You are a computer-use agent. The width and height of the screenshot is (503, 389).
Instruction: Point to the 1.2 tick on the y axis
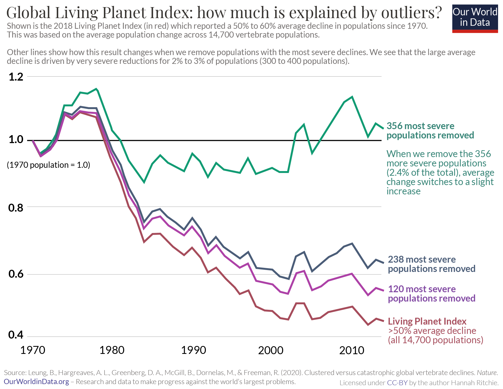click(16, 77)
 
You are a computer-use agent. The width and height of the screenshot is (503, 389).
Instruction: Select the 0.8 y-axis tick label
click(16, 208)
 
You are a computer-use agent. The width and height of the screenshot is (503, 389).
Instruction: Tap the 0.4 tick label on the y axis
click(16, 335)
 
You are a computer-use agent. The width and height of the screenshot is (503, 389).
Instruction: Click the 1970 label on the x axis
click(33, 350)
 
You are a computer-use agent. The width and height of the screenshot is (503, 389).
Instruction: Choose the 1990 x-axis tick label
click(194, 350)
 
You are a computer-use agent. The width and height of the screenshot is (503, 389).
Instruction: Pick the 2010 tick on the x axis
click(352, 350)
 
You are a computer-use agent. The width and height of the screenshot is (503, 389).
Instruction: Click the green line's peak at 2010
click(352, 97)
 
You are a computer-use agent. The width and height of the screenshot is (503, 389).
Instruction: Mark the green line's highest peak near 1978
click(96, 89)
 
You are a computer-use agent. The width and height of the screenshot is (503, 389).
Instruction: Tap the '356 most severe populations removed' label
click(430, 130)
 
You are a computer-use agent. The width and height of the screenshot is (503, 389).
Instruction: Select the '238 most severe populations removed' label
click(431, 264)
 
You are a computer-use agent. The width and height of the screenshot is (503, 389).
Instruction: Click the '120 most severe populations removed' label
click(431, 294)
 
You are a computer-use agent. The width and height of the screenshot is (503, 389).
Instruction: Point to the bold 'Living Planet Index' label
click(427, 321)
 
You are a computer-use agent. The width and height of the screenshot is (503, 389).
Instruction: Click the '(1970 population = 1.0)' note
click(49, 165)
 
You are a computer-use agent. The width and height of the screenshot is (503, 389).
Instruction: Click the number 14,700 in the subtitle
click(222, 35)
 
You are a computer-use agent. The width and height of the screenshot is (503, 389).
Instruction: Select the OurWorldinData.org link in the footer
click(36, 382)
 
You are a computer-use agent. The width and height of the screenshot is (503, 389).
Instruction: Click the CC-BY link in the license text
click(397, 383)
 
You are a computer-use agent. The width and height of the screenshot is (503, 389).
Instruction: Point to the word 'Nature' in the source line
click(487, 373)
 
